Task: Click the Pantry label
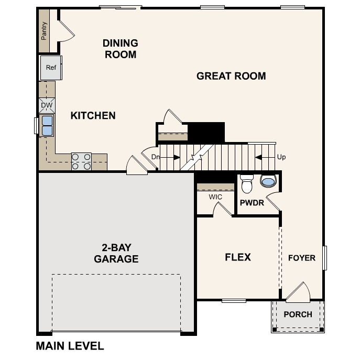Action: tap(44, 30)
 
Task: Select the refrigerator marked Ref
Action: tap(51, 68)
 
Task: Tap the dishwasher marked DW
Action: tap(47, 105)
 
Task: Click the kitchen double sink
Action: tap(47, 126)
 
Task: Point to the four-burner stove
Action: tap(81, 161)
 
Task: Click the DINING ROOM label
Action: tap(121, 49)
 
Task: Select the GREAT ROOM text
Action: tap(231, 76)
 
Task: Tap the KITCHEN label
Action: tap(93, 115)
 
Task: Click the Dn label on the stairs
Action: tap(155, 157)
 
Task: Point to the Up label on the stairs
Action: tap(281, 157)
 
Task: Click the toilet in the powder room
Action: tap(247, 184)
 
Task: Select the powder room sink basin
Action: tap(268, 182)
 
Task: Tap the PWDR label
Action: tap(252, 203)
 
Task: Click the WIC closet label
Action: tap(215, 197)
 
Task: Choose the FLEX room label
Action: tap(238, 257)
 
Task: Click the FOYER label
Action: tap(302, 258)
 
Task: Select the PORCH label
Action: tap(298, 314)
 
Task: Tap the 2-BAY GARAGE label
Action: tap(116, 253)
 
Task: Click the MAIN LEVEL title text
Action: tap(70, 346)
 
